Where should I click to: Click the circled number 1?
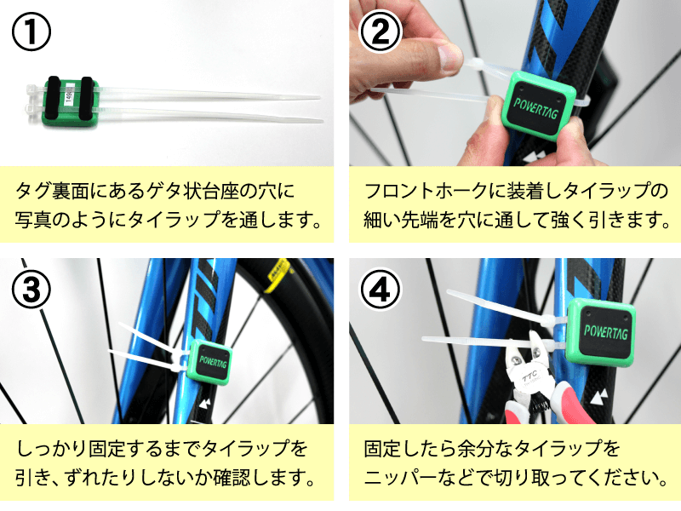tap(31, 32)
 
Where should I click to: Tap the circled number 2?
tap(381, 32)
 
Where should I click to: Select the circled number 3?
tap(31, 289)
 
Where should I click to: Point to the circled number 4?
tap(381, 290)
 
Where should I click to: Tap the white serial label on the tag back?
tap(68, 96)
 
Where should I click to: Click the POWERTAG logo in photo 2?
tap(535, 108)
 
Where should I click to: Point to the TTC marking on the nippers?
tap(530, 374)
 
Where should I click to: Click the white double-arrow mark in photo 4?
tap(599, 397)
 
